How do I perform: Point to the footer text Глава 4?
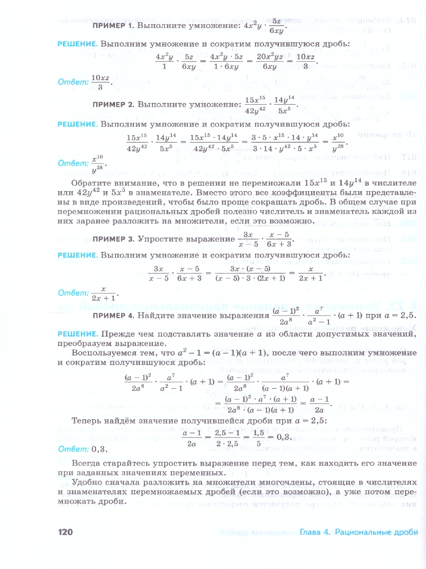click(x=314, y=532)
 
